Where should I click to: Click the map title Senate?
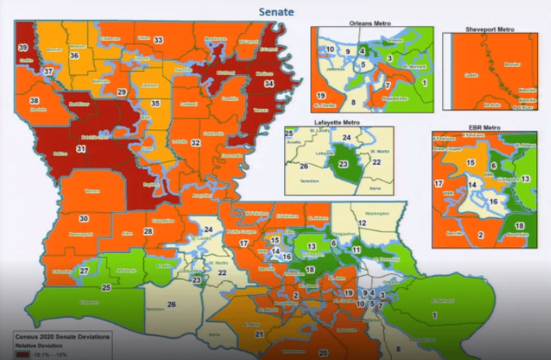click(276, 11)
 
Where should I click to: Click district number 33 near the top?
click(158, 40)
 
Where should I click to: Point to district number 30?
click(84, 218)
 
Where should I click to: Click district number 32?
click(196, 142)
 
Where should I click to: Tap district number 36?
click(74, 55)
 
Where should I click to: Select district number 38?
click(34, 101)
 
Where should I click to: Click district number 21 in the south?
click(260, 334)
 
